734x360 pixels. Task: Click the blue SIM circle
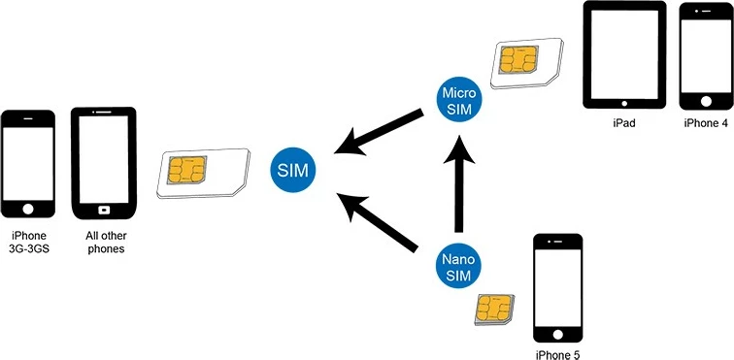click(292, 170)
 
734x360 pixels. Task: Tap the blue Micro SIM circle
click(456, 99)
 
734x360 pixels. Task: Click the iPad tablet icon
click(624, 54)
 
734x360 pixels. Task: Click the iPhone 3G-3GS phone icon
click(28, 165)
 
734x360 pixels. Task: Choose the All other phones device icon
click(104, 163)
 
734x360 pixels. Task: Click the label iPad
click(624, 124)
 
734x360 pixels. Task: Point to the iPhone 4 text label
click(706, 124)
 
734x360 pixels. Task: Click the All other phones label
click(103, 243)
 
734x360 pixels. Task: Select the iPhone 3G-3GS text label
click(28, 243)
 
